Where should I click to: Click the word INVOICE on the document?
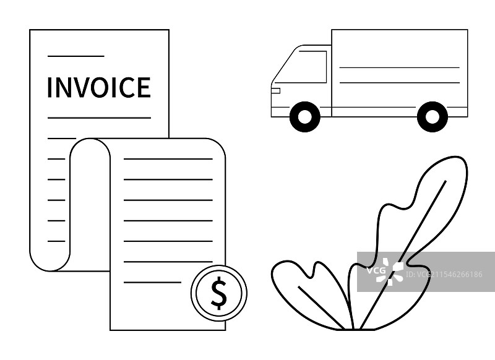click(98, 87)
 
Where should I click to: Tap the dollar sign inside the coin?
click(218, 293)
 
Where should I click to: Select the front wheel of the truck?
click(304, 116)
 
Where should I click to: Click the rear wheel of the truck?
click(432, 116)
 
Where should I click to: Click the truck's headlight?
click(276, 91)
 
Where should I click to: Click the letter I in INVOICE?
click(49, 87)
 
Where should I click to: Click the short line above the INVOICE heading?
click(75, 56)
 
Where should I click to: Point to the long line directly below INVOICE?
click(99, 118)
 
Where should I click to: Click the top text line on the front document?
click(168, 159)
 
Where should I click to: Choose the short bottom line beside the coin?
click(152, 282)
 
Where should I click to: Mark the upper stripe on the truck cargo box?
click(399, 67)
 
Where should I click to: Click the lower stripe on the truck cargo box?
click(399, 82)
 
